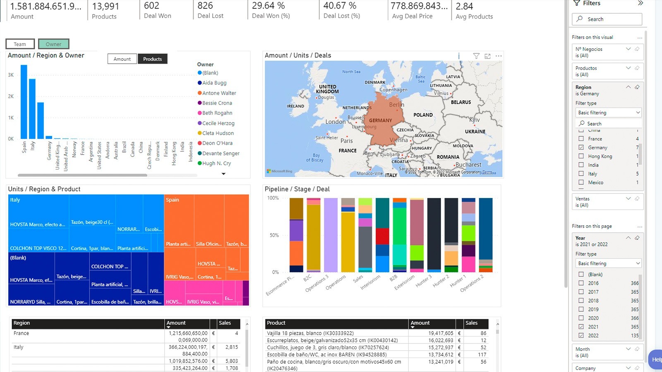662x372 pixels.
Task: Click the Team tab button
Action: point(20,44)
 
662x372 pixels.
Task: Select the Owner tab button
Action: point(53,44)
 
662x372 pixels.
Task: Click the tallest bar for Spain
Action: point(24,102)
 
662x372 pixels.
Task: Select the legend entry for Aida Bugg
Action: point(214,83)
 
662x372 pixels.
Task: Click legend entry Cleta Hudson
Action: point(218,133)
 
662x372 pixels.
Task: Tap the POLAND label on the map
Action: point(423,115)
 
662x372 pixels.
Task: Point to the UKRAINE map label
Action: point(475,131)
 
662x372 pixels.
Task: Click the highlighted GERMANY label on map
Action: point(380,121)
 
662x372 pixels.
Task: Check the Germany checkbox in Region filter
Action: point(581,148)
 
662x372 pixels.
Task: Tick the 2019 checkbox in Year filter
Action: point(581,309)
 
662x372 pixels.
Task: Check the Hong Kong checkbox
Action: point(581,156)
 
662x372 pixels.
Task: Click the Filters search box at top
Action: point(607,19)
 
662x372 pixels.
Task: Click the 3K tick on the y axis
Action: point(11,75)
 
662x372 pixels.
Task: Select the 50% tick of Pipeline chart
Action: point(274,235)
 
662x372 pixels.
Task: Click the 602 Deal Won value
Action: point(151,6)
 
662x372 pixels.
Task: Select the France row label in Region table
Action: point(21,333)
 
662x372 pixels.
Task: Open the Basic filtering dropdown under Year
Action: point(609,263)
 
